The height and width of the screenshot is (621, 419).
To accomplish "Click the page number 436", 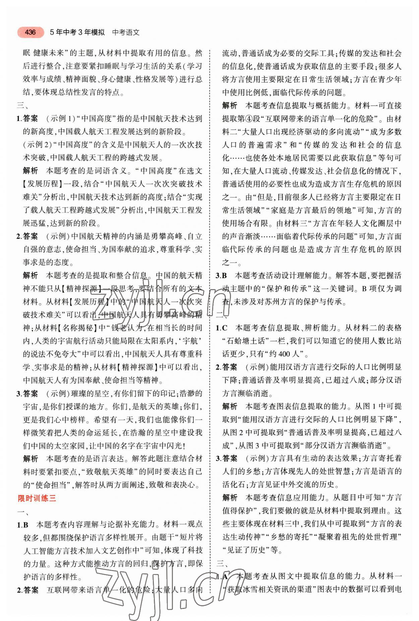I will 30,32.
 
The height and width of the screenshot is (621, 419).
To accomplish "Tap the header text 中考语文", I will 126,33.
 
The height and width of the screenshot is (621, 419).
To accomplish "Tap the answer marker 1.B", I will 23,524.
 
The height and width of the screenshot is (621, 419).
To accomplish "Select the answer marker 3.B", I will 222,276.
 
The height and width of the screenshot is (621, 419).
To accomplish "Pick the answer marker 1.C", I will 222,328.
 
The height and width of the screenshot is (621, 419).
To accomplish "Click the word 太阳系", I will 159,341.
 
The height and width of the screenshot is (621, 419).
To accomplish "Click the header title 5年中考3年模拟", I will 77,33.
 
